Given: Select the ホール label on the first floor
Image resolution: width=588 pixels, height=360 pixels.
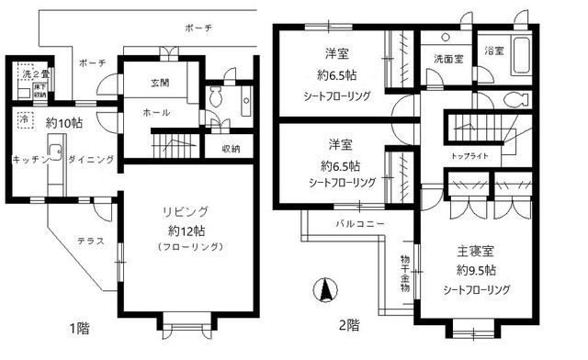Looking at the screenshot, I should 154,112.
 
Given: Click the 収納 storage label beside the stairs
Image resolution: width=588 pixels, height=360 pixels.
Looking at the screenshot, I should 231,148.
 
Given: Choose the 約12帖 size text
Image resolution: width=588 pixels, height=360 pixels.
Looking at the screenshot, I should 180,230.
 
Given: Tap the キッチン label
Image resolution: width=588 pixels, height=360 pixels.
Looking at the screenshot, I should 29,160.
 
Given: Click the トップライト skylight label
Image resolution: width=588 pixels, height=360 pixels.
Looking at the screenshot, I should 469,156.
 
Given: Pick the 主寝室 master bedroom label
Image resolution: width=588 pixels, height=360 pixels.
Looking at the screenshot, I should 474,250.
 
